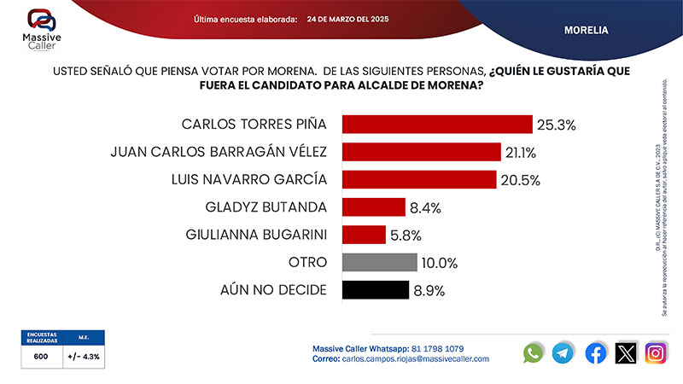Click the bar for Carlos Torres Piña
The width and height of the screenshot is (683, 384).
tap(437, 125)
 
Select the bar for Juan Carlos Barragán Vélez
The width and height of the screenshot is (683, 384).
tap(421, 152)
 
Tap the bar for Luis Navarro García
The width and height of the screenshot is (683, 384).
tap(419, 179)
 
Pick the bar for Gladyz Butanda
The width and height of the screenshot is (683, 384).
tap(373, 207)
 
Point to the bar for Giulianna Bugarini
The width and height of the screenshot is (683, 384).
tap(364, 234)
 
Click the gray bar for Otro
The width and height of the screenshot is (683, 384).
tap(379, 262)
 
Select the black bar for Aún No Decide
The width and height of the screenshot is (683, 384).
tap(376, 289)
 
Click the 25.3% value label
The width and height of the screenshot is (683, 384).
tap(556, 125)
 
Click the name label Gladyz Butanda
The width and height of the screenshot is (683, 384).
tap(266, 207)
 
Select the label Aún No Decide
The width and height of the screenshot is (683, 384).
tap(273, 289)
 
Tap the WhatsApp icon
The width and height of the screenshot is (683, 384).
tap(534, 352)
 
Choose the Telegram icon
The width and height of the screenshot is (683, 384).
tap(563, 352)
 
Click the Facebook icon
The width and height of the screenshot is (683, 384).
tap(595, 352)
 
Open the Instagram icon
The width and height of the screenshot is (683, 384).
tap(656, 352)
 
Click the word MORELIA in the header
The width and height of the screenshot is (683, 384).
tap(586, 30)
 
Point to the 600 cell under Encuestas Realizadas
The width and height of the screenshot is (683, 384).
tap(41, 357)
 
